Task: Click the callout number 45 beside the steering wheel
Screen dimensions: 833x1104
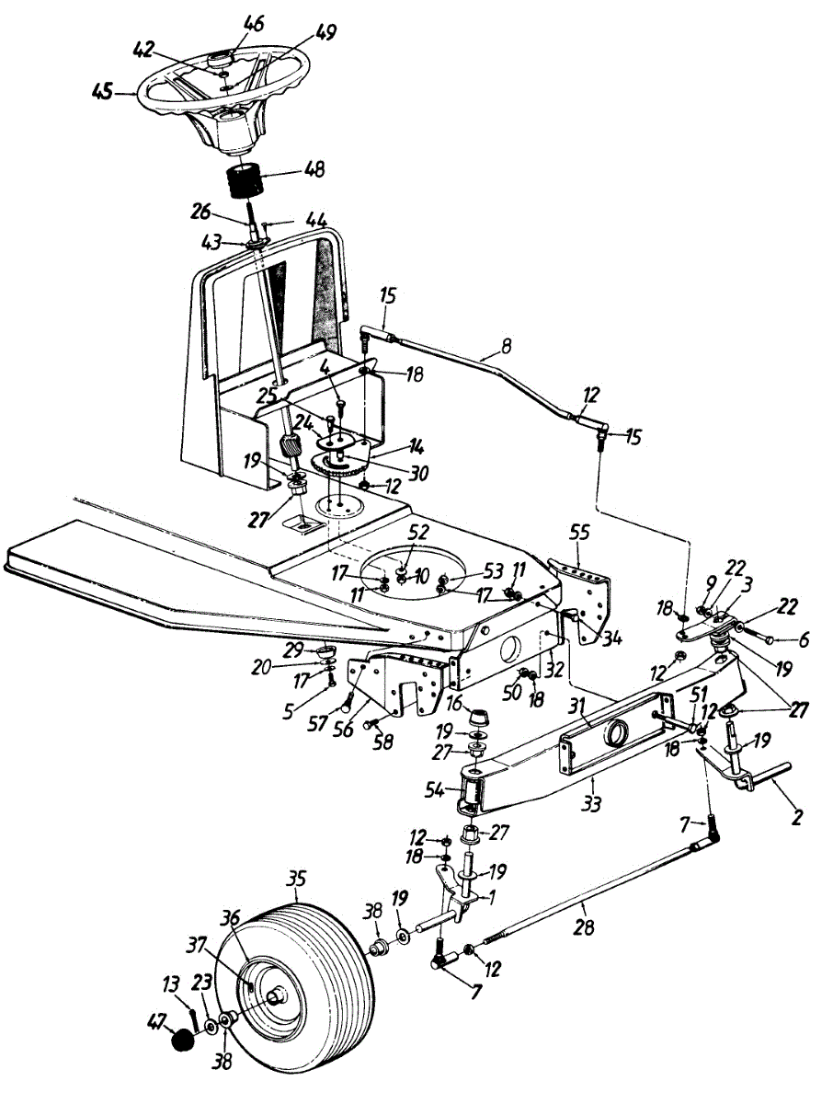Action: pos(103,93)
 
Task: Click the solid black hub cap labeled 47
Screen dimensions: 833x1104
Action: pos(183,1038)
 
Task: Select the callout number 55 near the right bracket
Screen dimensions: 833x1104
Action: pos(579,533)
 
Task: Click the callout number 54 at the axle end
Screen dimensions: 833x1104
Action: pos(434,791)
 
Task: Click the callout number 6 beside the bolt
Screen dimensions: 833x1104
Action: pos(804,639)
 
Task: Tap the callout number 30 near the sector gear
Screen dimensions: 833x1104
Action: pos(417,473)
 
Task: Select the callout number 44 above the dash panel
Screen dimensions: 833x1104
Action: pos(316,220)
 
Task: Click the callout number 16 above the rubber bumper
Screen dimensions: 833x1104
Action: pos(454,703)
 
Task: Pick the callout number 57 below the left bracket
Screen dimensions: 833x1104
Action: pos(317,725)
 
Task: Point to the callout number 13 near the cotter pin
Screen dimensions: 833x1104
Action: pos(172,980)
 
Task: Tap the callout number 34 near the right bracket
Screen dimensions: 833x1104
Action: pos(610,639)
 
